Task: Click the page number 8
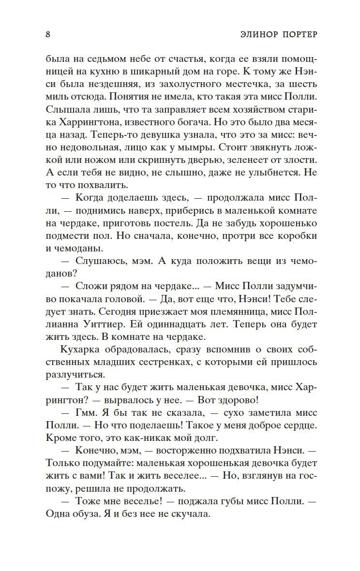(47, 34)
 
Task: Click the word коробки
(296, 236)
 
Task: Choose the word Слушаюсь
(101, 261)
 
